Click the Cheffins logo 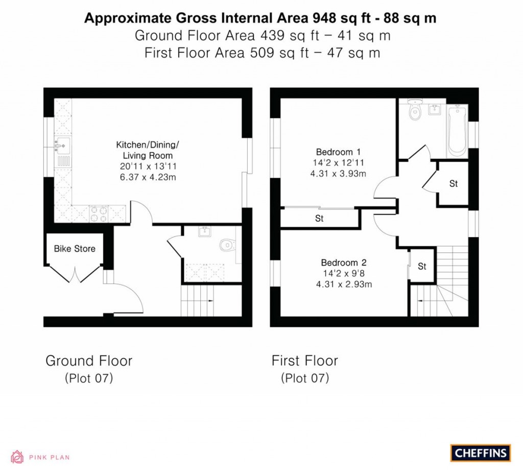pos(480,453)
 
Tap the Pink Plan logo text pos(49,457)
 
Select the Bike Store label pos(75,249)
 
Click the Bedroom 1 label pos(338,152)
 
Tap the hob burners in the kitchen pos(98,214)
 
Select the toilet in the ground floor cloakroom pos(227,246)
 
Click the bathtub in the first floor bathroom pos(457,131)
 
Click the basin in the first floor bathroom pos(435,109)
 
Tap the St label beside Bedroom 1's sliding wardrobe pos(319,219)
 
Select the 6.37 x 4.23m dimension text pos(144,176)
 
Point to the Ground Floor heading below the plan pos(89,361)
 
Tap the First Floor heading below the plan pos(304,361)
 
